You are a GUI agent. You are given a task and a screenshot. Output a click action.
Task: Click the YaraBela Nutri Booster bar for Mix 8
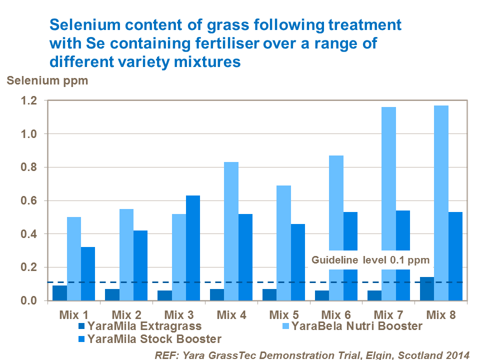[x=441, y=200]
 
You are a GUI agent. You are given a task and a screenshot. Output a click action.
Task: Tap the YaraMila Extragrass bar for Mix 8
[x=427, y=289]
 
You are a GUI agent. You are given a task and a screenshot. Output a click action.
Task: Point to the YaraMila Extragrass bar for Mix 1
[x=59, y=293]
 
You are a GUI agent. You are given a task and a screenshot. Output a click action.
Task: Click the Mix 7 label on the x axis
[x=388, y=315]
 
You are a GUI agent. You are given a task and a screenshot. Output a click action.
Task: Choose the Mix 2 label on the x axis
[x=126, y=315]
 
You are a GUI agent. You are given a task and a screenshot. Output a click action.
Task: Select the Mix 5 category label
[x=284, y=315]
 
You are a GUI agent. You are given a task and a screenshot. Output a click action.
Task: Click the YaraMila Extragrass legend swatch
[x=82, y=326]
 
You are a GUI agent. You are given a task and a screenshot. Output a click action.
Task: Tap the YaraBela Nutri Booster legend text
[x=356, y=326]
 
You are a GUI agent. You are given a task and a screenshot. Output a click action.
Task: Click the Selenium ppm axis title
[x=47, y=80]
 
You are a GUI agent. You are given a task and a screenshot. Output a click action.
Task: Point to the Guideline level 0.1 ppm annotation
[x=370, y=260]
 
